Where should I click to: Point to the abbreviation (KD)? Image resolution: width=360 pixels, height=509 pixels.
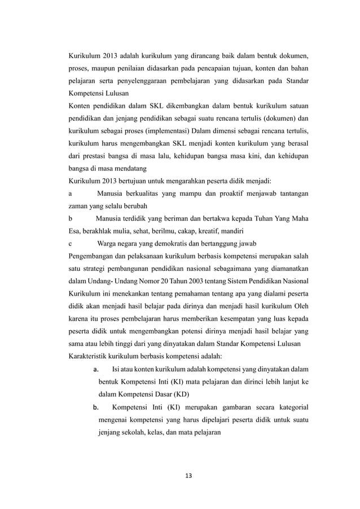point(179,393)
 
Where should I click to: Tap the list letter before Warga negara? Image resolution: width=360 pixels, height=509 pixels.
point(70,244)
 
